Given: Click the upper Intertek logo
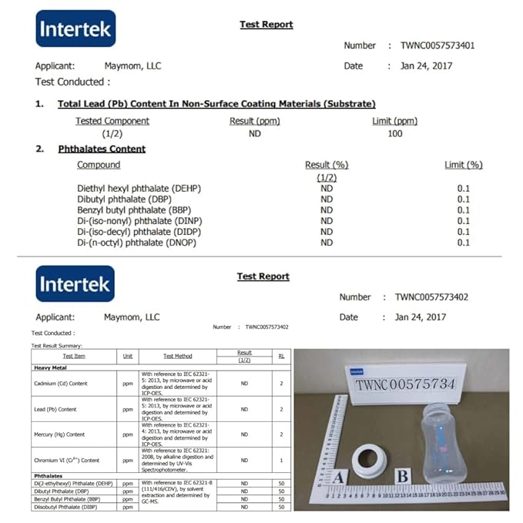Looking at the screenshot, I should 75,29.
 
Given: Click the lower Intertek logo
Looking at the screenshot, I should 75,285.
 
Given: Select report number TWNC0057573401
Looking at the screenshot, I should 438,45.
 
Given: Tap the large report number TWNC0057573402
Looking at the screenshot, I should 432,297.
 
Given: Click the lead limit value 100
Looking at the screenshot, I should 395,134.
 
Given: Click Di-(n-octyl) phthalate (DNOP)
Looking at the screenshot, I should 136,243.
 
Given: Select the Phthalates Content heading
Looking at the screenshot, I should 102,149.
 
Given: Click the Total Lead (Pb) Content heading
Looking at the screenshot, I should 216,104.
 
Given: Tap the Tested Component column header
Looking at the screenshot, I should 112,121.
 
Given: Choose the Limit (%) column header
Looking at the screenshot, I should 463,165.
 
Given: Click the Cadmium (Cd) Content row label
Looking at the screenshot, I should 60,384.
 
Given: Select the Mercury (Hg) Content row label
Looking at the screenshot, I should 59,434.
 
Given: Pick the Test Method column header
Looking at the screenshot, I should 177,357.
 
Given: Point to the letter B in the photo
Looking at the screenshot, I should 402,476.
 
